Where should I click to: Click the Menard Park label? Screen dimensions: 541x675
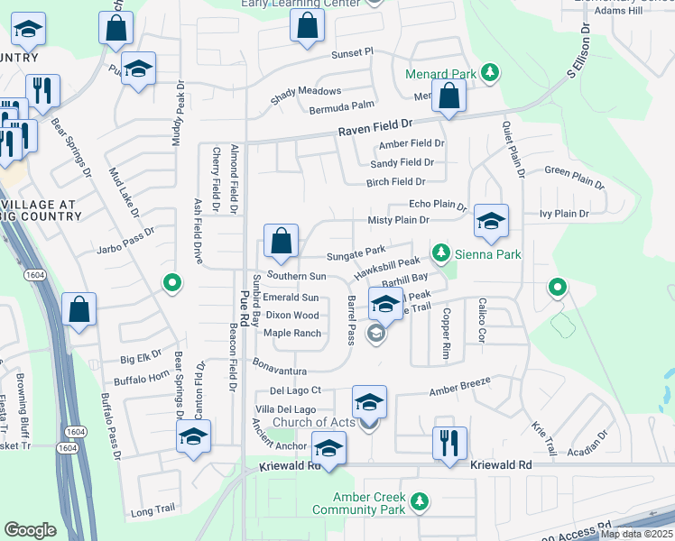click(439, 72)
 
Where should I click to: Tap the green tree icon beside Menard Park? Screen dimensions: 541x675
click(489, 72)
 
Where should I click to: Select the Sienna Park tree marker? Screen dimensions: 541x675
click(440, 255)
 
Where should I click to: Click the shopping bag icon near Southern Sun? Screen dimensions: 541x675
click(281, 241)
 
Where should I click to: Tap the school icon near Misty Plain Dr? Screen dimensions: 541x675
click(490, 221)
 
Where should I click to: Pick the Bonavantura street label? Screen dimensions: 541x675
click(280, 371)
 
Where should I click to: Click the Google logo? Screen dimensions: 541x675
click(30, 530)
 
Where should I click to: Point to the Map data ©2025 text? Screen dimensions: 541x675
click(635, 534)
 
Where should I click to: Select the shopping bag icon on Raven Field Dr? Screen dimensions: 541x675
click(448, 96)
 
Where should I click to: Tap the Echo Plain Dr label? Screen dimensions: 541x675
click(437, 205)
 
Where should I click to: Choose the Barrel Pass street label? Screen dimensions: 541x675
click(351, 321)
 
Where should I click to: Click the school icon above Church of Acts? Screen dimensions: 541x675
click(369, 401)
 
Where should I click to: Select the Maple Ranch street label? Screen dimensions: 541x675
click(292, 334)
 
